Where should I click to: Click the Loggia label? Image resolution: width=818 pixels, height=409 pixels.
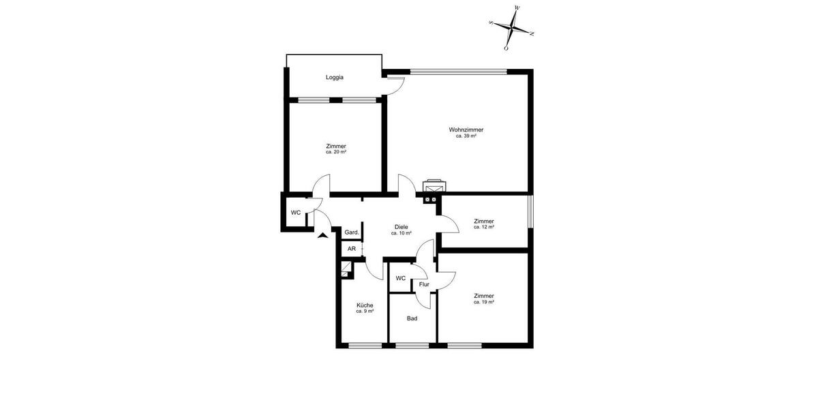pos(335,77)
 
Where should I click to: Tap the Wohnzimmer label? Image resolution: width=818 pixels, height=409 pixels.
pos(466,130)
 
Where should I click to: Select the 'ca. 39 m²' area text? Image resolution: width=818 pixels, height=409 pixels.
pos(466,136)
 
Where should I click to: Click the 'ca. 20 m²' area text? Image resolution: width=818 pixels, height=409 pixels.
pos(336,152)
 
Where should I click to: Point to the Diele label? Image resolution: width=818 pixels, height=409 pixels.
pos(402,227)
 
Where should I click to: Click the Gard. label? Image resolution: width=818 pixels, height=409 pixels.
pos(352,232)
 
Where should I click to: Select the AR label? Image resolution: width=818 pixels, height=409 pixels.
pos(352,249)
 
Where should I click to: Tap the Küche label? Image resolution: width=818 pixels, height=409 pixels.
pos(365,305)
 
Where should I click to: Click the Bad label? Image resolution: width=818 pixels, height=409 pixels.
pos(412,318)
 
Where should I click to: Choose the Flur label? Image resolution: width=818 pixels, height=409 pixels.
pos(424,284)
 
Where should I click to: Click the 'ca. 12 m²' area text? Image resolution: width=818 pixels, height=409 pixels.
pos(484,227)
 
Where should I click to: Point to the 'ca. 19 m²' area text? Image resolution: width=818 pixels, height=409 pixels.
pos(484,302)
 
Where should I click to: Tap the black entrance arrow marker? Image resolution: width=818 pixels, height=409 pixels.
pos(322,235)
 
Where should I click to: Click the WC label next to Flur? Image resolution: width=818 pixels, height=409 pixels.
pos(401,278)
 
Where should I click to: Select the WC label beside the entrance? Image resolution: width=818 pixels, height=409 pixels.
pos(296,213)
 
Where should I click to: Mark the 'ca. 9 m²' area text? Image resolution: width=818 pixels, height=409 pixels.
pos(365,312)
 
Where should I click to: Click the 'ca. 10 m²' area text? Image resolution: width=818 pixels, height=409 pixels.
pos(402,234)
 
